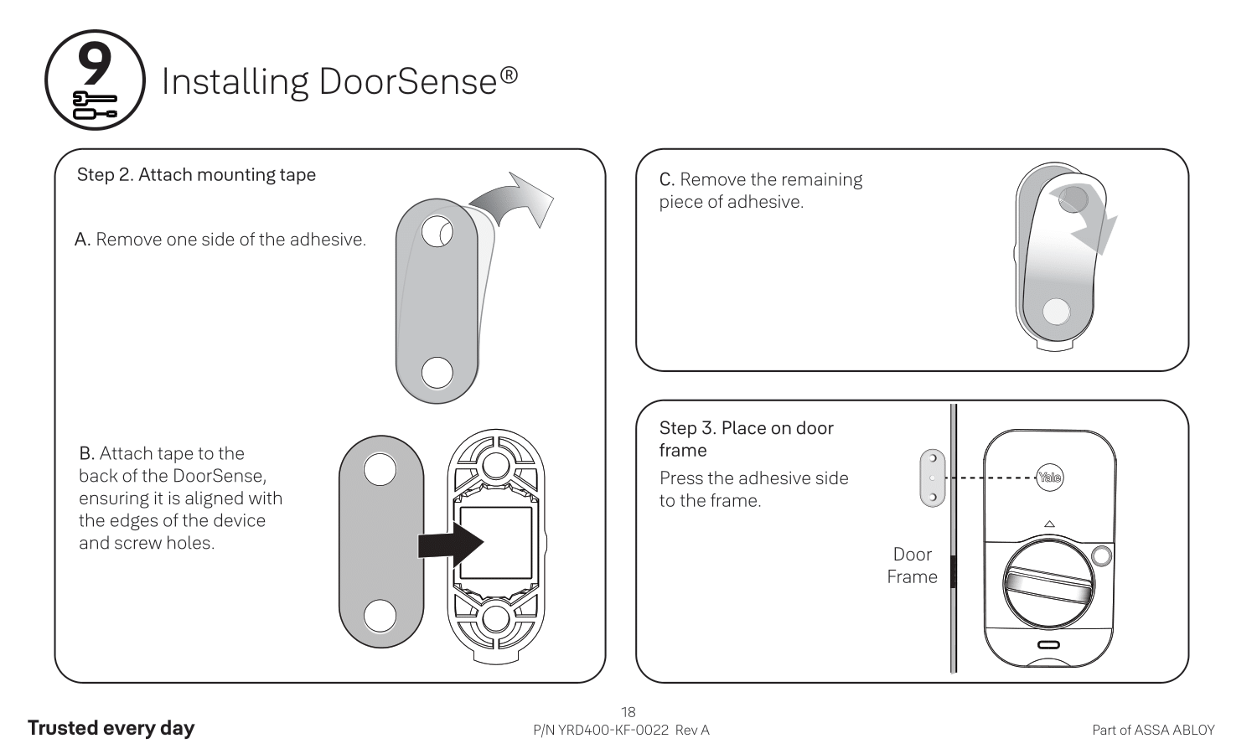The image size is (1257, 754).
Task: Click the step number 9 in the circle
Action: pyautogui.click(x=95, y=64)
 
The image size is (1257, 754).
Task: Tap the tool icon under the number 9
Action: pyautogui.click(x=95, y=105)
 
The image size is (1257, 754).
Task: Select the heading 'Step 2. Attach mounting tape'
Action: pyautogui.click(x=196, y=175)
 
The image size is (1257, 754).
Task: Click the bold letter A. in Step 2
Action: pyautogui.click(x=82, y=240)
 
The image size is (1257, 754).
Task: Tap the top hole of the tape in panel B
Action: pyautogui.click(x=380, y=469)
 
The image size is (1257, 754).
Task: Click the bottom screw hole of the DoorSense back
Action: pyautogui.click(x=495, y=620)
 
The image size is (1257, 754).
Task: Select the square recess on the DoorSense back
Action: pyautogui.click(x=496, y=542)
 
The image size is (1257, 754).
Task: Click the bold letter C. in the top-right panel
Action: pyautogui.click(x=667, y=180)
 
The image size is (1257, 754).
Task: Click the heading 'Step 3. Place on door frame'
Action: pyautogui.click(x=746, y=439)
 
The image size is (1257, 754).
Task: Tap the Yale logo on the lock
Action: pyautogui.click(x=1049, y=478)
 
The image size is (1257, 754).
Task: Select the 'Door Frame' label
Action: pyautogui.click(x=912, y=565)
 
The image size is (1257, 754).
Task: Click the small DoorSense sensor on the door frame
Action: pyautogui.click(x=932, y=478)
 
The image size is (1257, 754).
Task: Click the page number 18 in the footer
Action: pyautogui.click(x=628, y=712)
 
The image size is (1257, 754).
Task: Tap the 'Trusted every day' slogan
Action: pyautogui.click(x=111, y=728)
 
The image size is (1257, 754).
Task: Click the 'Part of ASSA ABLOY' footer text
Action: pyautogui.click(x=1153, y=731)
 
